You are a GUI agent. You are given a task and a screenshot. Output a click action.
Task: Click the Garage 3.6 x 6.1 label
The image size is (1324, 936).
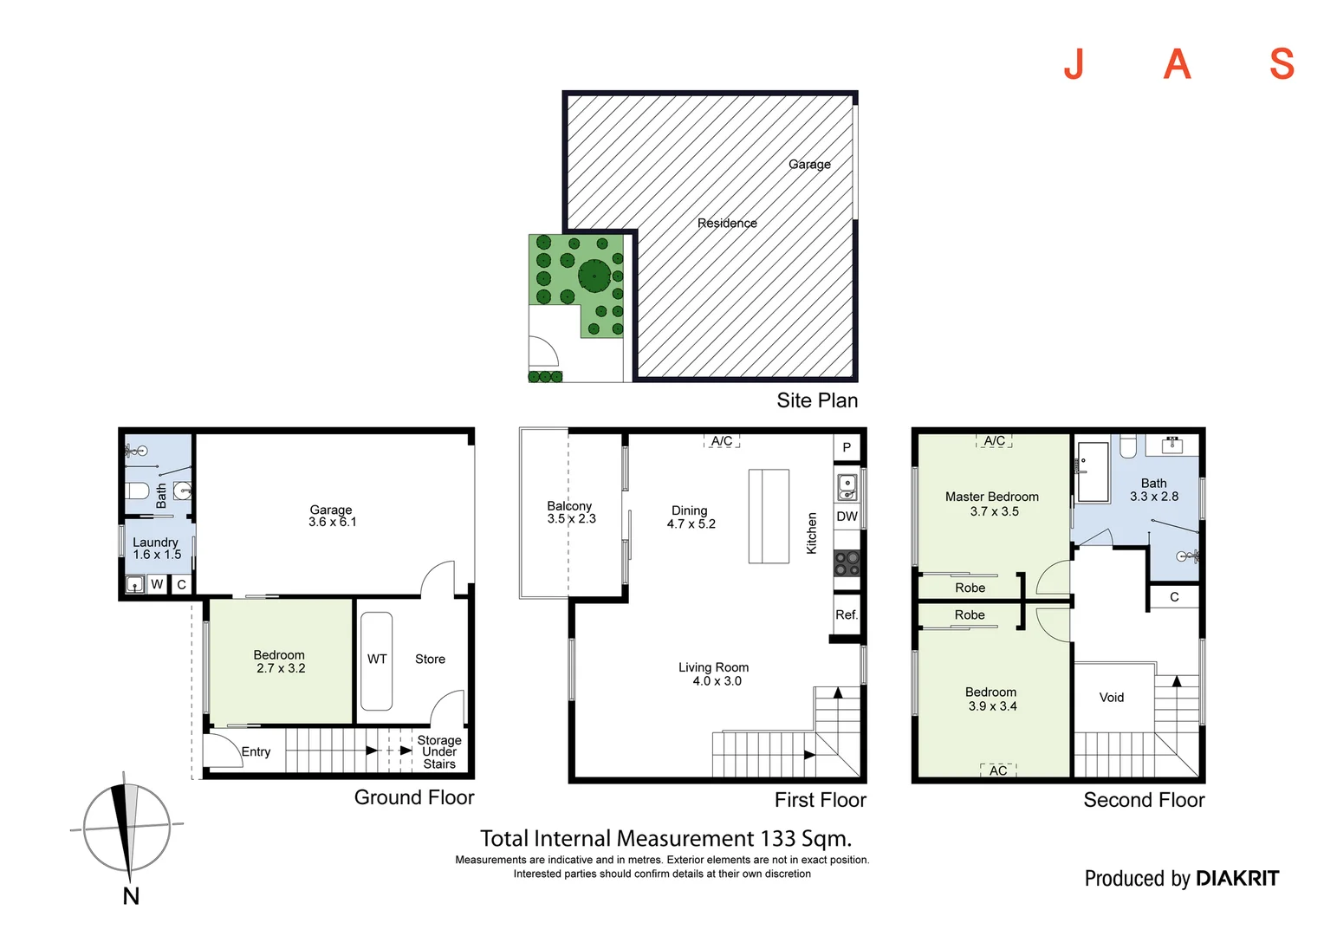(x=332, y=516)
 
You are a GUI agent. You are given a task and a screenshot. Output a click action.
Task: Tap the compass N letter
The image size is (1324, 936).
(x=131, y=896)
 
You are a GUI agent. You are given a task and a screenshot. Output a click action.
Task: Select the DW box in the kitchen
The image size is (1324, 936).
(x=847, y=517)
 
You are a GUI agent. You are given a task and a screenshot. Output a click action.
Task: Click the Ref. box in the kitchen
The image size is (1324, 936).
(x=847, y=614)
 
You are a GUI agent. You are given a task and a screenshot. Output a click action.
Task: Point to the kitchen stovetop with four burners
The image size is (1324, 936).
(x=847, y=563)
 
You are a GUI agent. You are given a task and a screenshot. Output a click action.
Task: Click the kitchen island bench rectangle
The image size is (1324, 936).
(x=769, y=517)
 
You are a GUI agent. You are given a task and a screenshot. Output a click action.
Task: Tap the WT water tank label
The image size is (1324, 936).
(x=377, y=660)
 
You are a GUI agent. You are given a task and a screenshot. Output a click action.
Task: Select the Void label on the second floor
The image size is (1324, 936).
(x=1112, y=698)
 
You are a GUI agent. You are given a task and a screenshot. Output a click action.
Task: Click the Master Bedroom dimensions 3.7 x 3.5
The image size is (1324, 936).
(x=994, y=511)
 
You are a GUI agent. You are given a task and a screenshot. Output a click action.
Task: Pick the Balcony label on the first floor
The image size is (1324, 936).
(x=569, y=506)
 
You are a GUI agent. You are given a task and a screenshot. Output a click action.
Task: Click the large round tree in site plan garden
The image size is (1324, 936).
(x=594, y=276)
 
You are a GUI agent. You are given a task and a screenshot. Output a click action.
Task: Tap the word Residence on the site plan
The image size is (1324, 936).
(x=727, y=224)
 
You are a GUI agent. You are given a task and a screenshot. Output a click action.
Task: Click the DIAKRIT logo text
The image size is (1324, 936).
(x=1236, y=879)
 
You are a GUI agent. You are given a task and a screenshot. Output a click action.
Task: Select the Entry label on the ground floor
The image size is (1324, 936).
(x=256, y=752)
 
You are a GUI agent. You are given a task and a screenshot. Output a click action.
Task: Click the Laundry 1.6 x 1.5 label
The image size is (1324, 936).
(x=156, y=549)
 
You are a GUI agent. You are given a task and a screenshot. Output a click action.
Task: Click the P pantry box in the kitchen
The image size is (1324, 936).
(x=847, y=448)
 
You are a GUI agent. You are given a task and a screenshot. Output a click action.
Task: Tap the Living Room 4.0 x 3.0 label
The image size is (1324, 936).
(x=714, y=674)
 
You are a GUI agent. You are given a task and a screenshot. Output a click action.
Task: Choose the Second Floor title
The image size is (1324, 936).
(x=1144, y=800)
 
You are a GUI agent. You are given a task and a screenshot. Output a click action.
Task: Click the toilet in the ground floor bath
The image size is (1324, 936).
(x=138, y=491)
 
